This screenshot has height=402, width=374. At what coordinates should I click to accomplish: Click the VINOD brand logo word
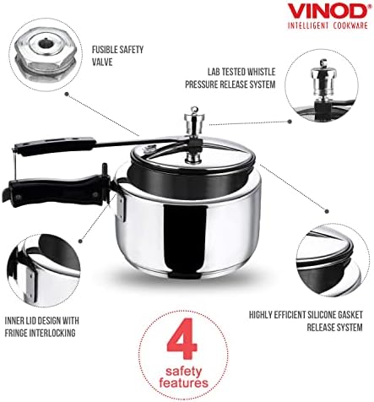click(x=328, y=11)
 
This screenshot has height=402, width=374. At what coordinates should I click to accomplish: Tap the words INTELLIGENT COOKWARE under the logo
click(x=328, y=25)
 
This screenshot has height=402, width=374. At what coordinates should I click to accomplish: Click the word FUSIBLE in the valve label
click(x=103, y=50)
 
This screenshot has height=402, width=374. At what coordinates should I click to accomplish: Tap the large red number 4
click(x=182, y=339)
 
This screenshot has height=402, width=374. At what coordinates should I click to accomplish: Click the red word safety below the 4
click(x=184, y=372)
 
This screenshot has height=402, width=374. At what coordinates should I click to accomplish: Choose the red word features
click(x=183, y=383)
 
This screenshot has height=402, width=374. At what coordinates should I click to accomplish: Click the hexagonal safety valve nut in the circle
click(x=46, y=54)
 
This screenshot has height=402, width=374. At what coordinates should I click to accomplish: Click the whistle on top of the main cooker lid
click(x=194, y=119)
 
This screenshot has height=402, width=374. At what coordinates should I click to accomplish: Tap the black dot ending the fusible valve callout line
click(x=67, y=94)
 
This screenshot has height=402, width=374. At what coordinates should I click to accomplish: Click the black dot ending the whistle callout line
click(x=290, y=122)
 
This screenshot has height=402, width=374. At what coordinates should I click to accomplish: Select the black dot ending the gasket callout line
click(x=327, y=211)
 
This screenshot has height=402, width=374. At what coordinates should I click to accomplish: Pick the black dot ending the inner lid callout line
click(x=80, y=242)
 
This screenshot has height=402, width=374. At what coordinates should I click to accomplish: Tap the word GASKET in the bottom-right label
click(x=350, y=315)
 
